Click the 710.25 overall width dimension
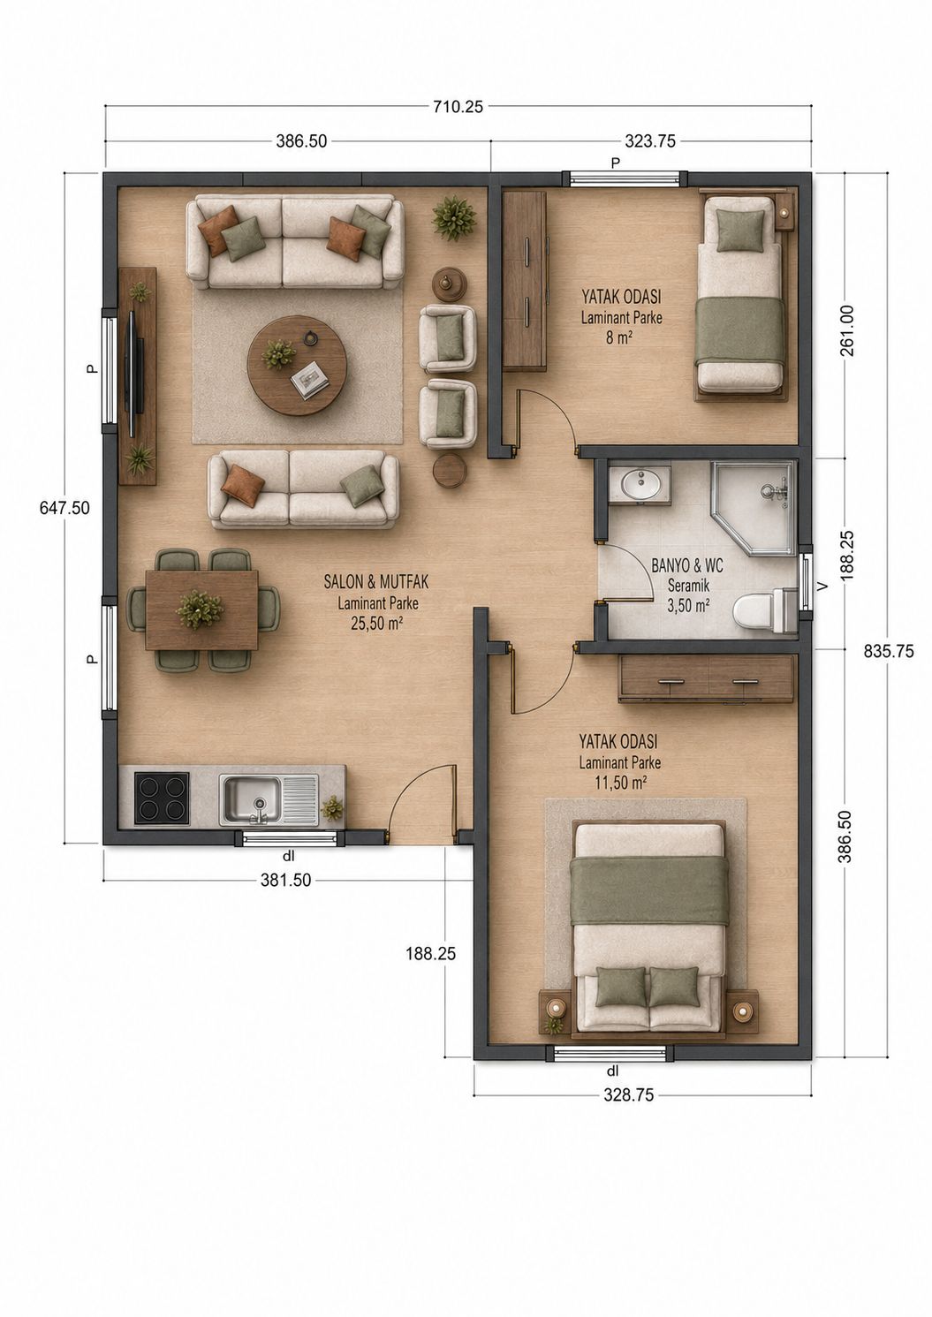tap(458, 106)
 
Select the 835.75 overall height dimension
tap(889, 651)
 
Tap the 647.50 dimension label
tap(64, 507)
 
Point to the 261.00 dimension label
tap(848, 331)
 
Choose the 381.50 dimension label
tap(285, 880)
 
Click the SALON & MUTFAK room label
tap(376, 582)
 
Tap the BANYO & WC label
tap(687, 566)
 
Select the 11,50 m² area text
tap(621, 783)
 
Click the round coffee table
tap(297, 366)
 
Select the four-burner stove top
tap(162, 798)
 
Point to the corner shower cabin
tap(754, 508)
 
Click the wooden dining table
tap(201, 610)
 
